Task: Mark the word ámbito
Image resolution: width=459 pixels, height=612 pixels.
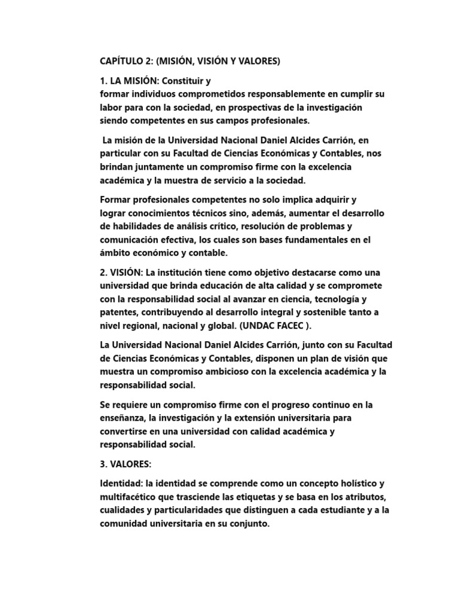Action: coord(115,253)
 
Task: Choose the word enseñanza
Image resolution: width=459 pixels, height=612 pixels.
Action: coord(124,418)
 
